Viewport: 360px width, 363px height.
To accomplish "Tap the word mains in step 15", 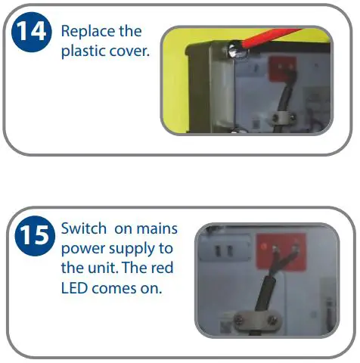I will click(x=156, y=228).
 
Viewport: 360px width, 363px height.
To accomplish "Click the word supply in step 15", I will click(x=129, y=248).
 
